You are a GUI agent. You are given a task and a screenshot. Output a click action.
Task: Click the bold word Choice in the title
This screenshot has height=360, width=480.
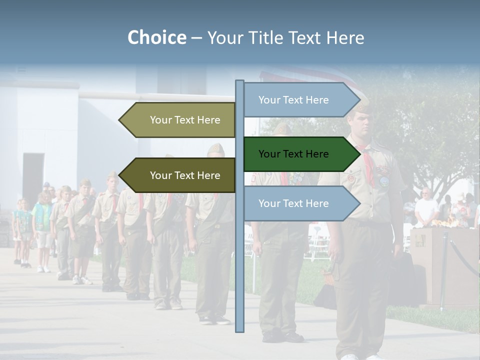tap(156, 37)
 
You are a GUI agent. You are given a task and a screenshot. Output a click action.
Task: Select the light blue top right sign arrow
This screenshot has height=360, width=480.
tap(300, 100)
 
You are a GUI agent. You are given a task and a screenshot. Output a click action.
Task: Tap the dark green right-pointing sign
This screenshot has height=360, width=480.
tap(300, 154)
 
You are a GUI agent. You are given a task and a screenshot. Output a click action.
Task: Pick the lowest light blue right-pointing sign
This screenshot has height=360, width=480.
tap(300, 203)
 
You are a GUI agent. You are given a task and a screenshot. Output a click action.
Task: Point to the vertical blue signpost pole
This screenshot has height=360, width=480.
tap(239, 250)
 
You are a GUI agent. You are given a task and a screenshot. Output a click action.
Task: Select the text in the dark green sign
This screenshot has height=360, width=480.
tap(293, 154)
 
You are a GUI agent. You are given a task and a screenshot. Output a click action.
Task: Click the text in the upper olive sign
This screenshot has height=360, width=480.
tap(185, 120)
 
